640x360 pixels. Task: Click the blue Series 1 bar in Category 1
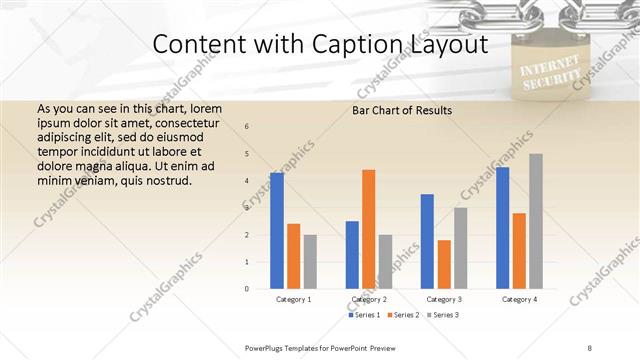tap(277, 230)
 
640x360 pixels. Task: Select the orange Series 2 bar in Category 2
tap(369, 228)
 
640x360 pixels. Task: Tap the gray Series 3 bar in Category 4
tap(536, 220)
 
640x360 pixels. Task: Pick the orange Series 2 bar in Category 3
tap(444, 264)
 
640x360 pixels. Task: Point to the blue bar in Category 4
tap(502, 227)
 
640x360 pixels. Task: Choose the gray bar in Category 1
tap(310, 261)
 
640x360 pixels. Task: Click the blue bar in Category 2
tap(352, 254)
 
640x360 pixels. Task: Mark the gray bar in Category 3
tap(460, 247)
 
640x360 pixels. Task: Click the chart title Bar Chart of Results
tap(402, 110)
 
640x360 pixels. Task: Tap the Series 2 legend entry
tap(404, 315)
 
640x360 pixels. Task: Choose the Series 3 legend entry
tap(442, 315)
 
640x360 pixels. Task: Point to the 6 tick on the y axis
tap(247, 127)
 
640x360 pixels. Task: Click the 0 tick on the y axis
tap(247, 289)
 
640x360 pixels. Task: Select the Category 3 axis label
tap(443, 299)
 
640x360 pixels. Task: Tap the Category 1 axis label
tap(293, 299)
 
